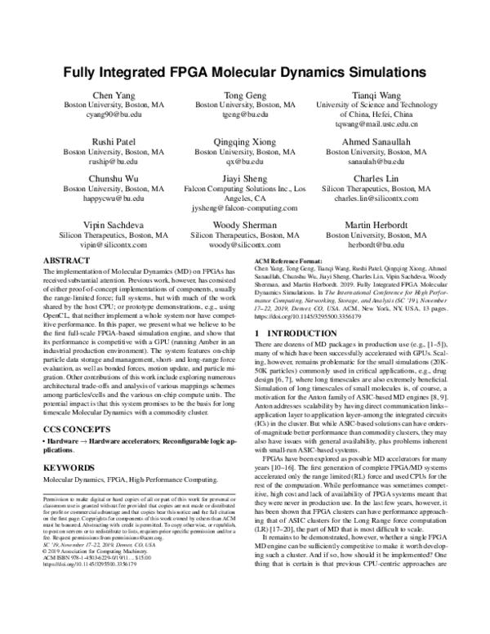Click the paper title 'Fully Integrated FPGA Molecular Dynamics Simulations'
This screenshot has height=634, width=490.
click(x=245, y=73)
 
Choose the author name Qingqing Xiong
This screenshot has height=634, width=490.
click(x=245, y=141)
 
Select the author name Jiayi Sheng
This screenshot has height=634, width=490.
click(x=245, y=177)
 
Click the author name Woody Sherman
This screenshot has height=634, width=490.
click(x=245, y=224)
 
